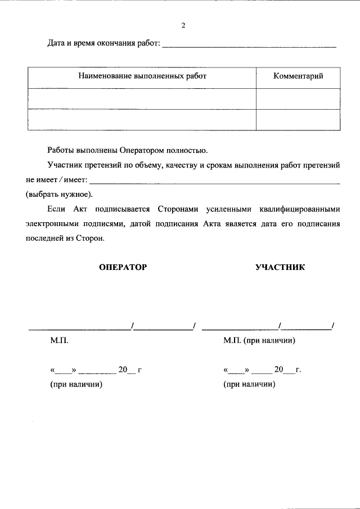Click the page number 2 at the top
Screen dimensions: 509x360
[183, 26]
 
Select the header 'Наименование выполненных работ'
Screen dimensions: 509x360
[142, 76]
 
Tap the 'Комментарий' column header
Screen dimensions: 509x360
[298, 76]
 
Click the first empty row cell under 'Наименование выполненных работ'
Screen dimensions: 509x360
[142, 98]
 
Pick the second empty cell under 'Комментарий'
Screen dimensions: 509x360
[298, 119]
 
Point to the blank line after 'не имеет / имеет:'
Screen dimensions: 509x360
[215, 182]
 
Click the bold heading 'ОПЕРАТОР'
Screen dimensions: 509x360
[123, 268]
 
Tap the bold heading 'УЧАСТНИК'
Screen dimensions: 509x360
[280, 268]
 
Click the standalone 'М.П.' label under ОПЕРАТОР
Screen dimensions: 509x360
[59, 341]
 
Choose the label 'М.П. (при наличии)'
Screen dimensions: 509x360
[259, 341]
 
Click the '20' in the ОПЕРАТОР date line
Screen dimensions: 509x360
[123, 370]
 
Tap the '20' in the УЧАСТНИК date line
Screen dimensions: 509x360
[278, 370]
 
